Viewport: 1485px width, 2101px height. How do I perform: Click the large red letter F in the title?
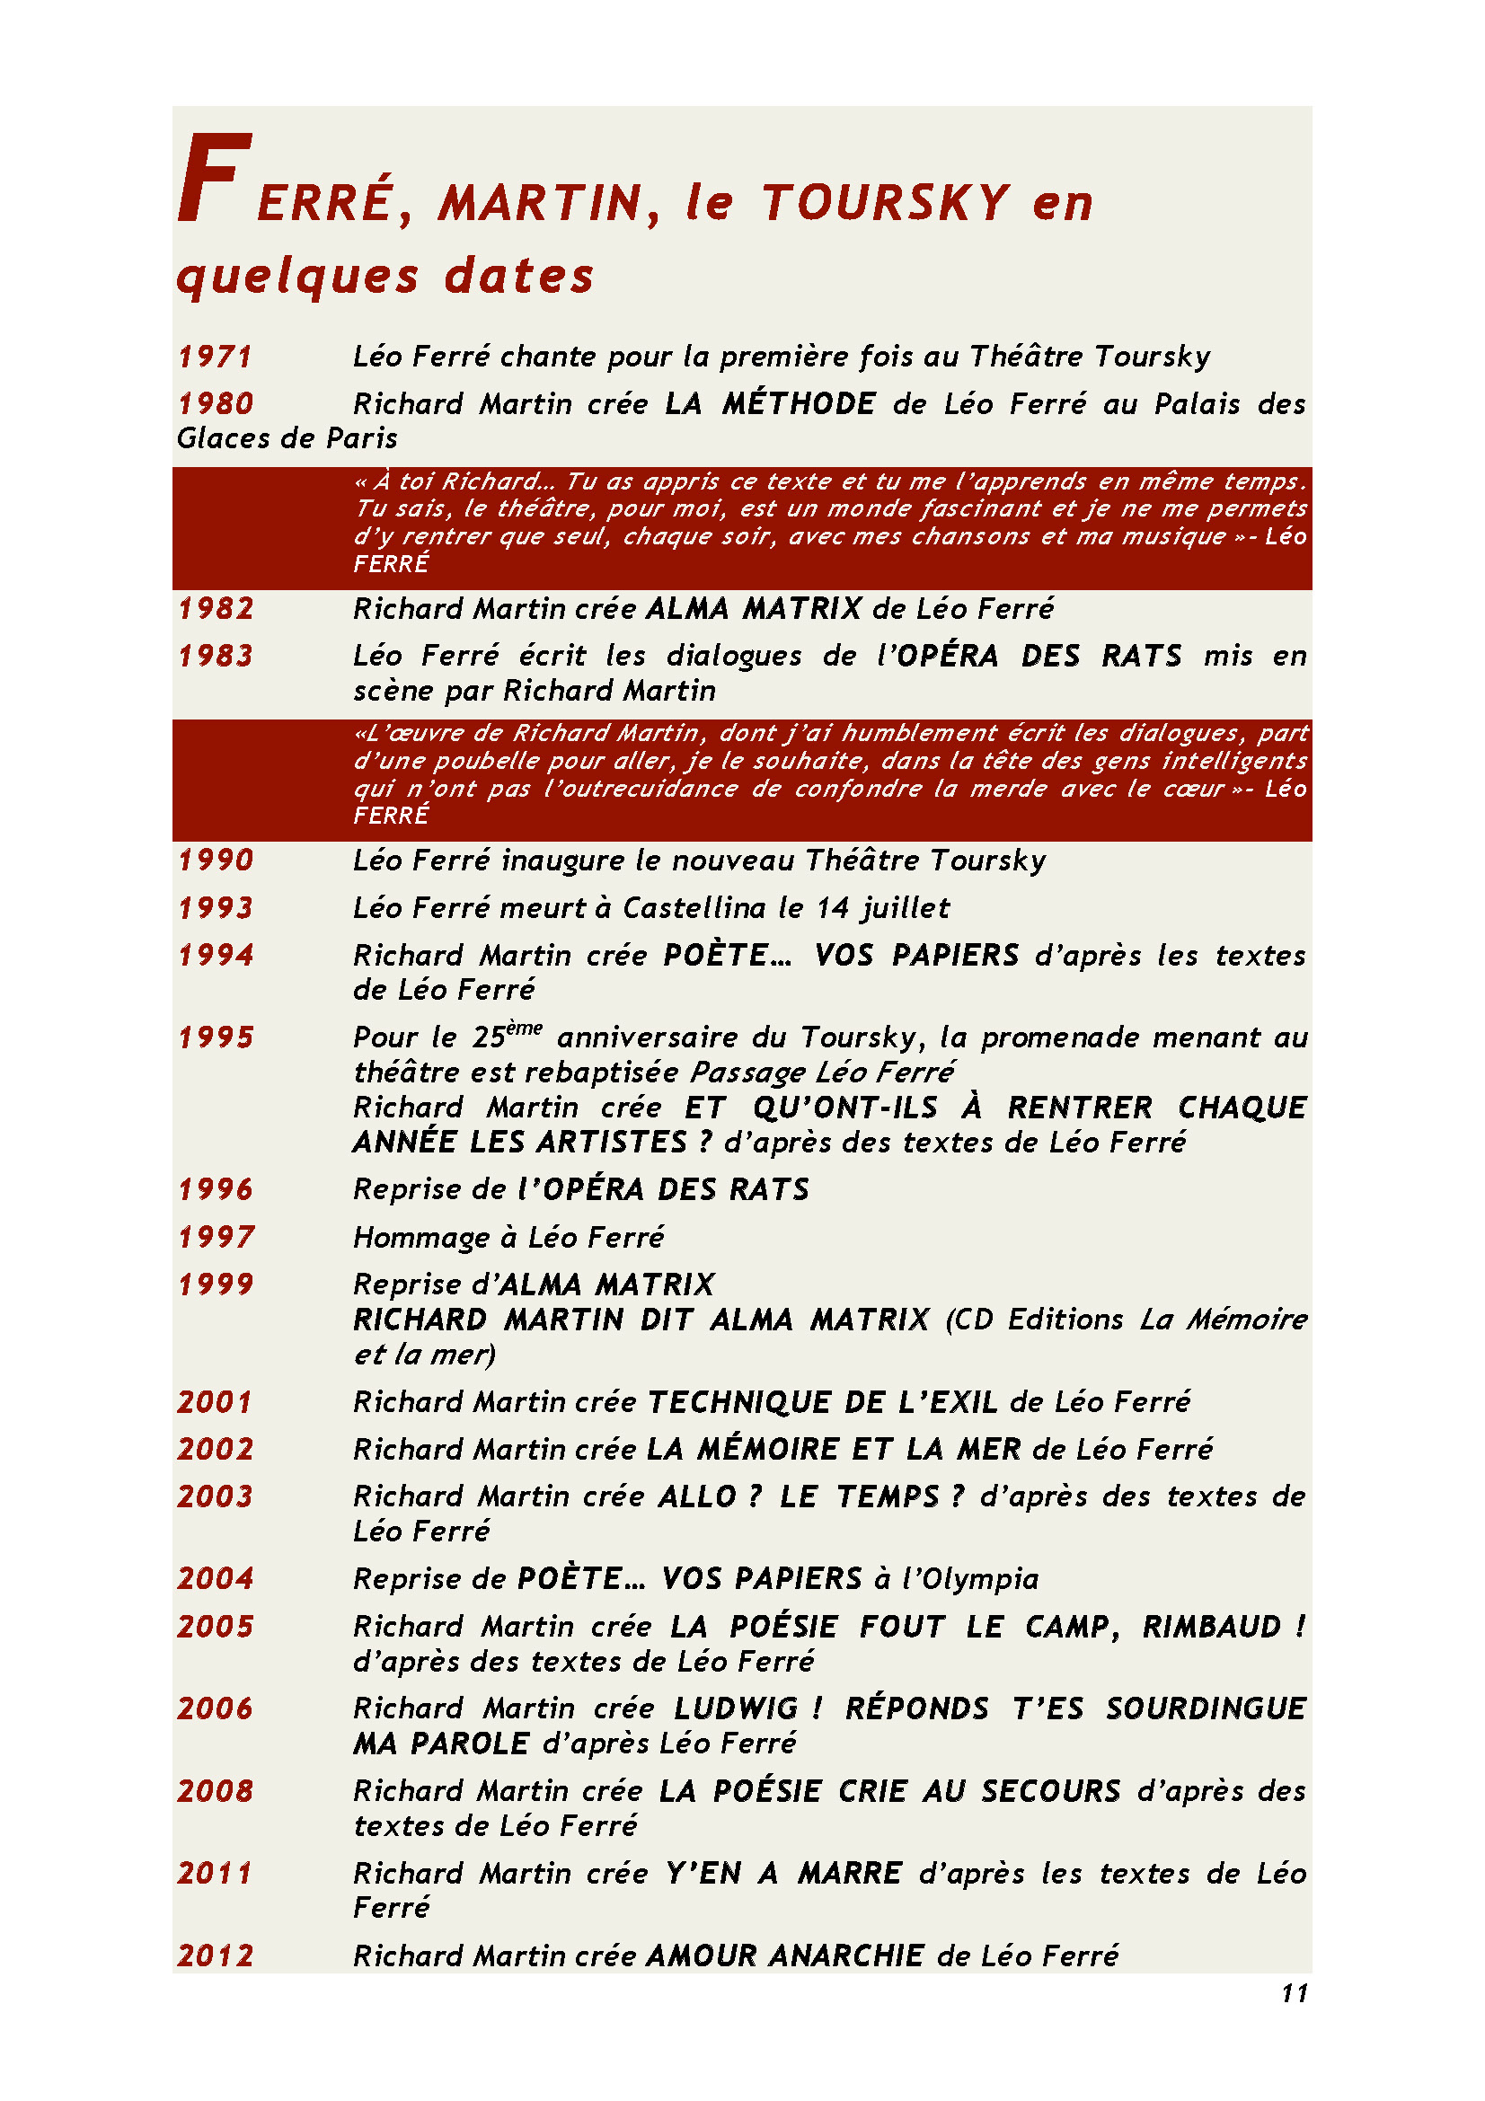point(213,179)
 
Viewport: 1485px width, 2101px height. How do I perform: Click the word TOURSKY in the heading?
point(885,202)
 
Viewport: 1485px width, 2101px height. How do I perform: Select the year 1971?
point(215,357)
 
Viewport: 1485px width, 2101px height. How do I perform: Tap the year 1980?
point(215,404)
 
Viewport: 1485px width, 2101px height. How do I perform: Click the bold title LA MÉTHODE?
point(770,404)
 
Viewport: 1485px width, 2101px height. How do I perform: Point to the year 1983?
point(215,656)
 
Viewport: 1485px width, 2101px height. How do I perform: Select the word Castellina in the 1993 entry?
point(694,908)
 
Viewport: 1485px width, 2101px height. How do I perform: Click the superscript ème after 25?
point(525,1028)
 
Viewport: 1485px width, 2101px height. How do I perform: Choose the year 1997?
point(215,1237)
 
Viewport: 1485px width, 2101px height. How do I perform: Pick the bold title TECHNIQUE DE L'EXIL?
point(822,1402)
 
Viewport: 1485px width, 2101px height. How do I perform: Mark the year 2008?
point(215,1791)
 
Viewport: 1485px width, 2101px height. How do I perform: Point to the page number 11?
point(1294,1993)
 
